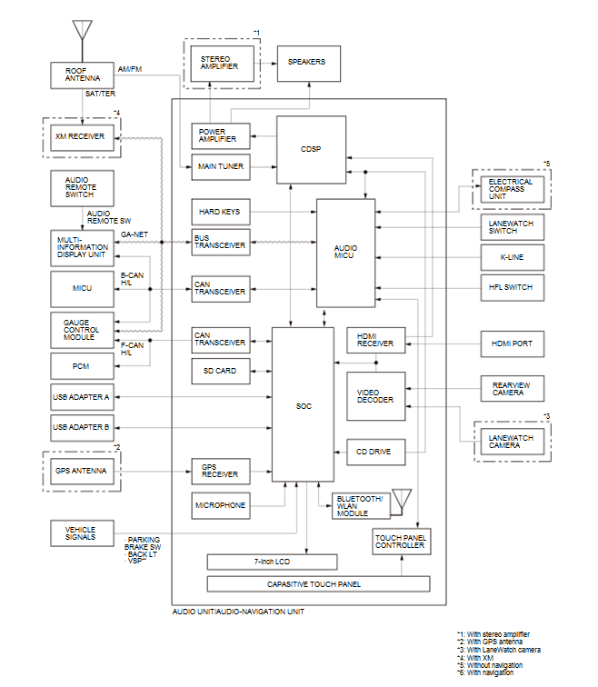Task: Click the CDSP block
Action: pyautogui.click(x=311, y=149)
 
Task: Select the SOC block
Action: pyautogui.click(x=303, y=404)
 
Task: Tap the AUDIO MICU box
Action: pyautogui.click(x=345, y=253)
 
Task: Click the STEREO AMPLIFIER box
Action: pyautogui.click(x=222, y=64)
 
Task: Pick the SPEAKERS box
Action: pyautogui.click(x=309, y=64)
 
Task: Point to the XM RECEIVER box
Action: pyautogui.click(x=82, y=137)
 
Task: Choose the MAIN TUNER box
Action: pyautogui.click(x=221, y=167)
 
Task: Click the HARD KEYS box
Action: pyautogui.click(x=221, y=212)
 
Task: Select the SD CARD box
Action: pyautogui.click(x=221, y=371)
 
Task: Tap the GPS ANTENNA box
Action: pyautogui.click(x=82, y=471)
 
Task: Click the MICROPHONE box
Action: pyautogui.click(x=221, y=505)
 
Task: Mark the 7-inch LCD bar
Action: pyautogui.click(x=272, y=562)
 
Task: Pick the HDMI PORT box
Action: pyautogui.click(x=513, y=343)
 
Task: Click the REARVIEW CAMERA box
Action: pyautogui.click(x=513, y=389)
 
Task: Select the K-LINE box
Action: pyautogui.click(x=513, y=257)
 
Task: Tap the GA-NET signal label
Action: pyautogui.click(x=135, y=234)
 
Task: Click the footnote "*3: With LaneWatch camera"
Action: pyautogui.click(x=499, y=650)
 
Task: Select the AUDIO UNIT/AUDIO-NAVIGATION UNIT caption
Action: pyautogui.click(x=238, y=612)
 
